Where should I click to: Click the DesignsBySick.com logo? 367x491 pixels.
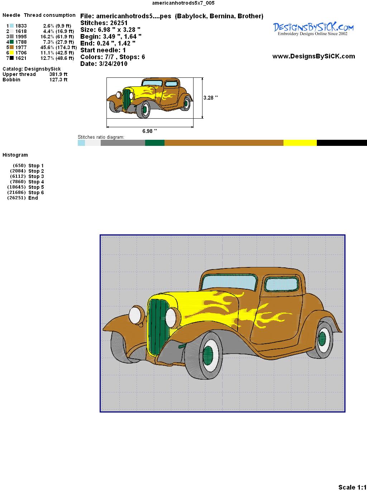(x=313, y=29)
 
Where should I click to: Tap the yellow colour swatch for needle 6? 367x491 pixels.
(x=11, y=53)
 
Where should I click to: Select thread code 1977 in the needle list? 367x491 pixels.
(x=21, y=47)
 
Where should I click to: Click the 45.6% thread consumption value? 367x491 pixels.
(x=47, y=47)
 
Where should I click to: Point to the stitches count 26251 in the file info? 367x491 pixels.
(x=119, y=23)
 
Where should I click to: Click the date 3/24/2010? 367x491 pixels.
(x=113, y=64)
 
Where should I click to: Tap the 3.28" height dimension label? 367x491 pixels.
(x=210, y=98)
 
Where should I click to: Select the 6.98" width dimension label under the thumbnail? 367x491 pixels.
(x=149, y=131)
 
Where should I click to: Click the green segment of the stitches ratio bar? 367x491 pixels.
(x=155, y=143)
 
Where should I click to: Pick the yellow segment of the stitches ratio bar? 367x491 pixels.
(x=300, y=143)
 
